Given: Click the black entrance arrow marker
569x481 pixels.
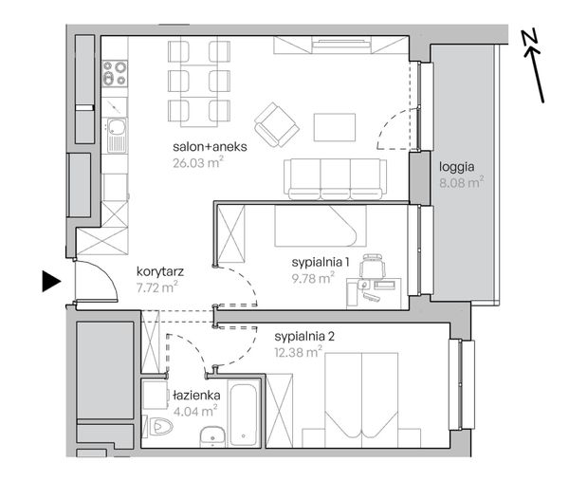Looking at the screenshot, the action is tap(51, 282).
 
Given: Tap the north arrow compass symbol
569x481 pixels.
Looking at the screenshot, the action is tap(534, 65).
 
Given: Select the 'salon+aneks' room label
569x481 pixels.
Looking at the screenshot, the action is tap(210, 147).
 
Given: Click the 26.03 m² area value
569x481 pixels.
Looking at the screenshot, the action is tap(198, 162).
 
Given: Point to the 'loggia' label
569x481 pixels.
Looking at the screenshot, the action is tap(456, 167).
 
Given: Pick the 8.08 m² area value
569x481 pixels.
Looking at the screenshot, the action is tap(462, 182).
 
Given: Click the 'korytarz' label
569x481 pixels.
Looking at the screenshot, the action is tap(160, 271).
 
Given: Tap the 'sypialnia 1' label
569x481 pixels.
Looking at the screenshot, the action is tap(321, 262).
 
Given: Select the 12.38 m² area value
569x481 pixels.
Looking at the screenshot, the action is tap(299, 352).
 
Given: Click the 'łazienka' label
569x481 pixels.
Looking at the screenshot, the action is tap(196, 396).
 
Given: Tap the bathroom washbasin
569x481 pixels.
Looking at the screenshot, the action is tap(212, 436).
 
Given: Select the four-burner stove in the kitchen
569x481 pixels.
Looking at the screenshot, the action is tap(115, 73).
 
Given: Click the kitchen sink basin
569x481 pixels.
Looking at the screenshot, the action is tap(117, 127).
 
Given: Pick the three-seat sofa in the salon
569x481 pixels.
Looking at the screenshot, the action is tap(336, 179).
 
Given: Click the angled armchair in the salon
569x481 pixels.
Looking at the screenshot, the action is tap(277, 124).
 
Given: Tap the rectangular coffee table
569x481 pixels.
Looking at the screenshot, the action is tap(335, 127).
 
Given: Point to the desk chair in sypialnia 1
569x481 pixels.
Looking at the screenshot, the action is tap(372, 266).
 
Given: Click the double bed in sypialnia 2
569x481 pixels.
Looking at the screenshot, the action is tap(362, 399).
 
